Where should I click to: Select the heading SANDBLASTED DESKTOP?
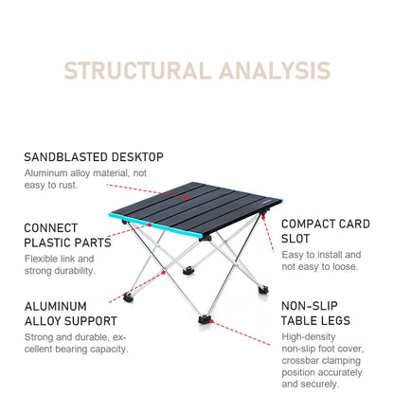94,157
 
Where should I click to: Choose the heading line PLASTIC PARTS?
67,242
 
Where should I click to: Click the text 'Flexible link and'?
60,259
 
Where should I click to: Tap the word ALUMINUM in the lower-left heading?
56,307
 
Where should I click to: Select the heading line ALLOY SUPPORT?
70,321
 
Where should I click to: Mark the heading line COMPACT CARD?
325,224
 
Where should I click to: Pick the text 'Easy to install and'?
321,255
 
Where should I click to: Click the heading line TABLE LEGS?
315,321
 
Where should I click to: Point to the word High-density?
310,336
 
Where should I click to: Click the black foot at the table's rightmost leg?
262,288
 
